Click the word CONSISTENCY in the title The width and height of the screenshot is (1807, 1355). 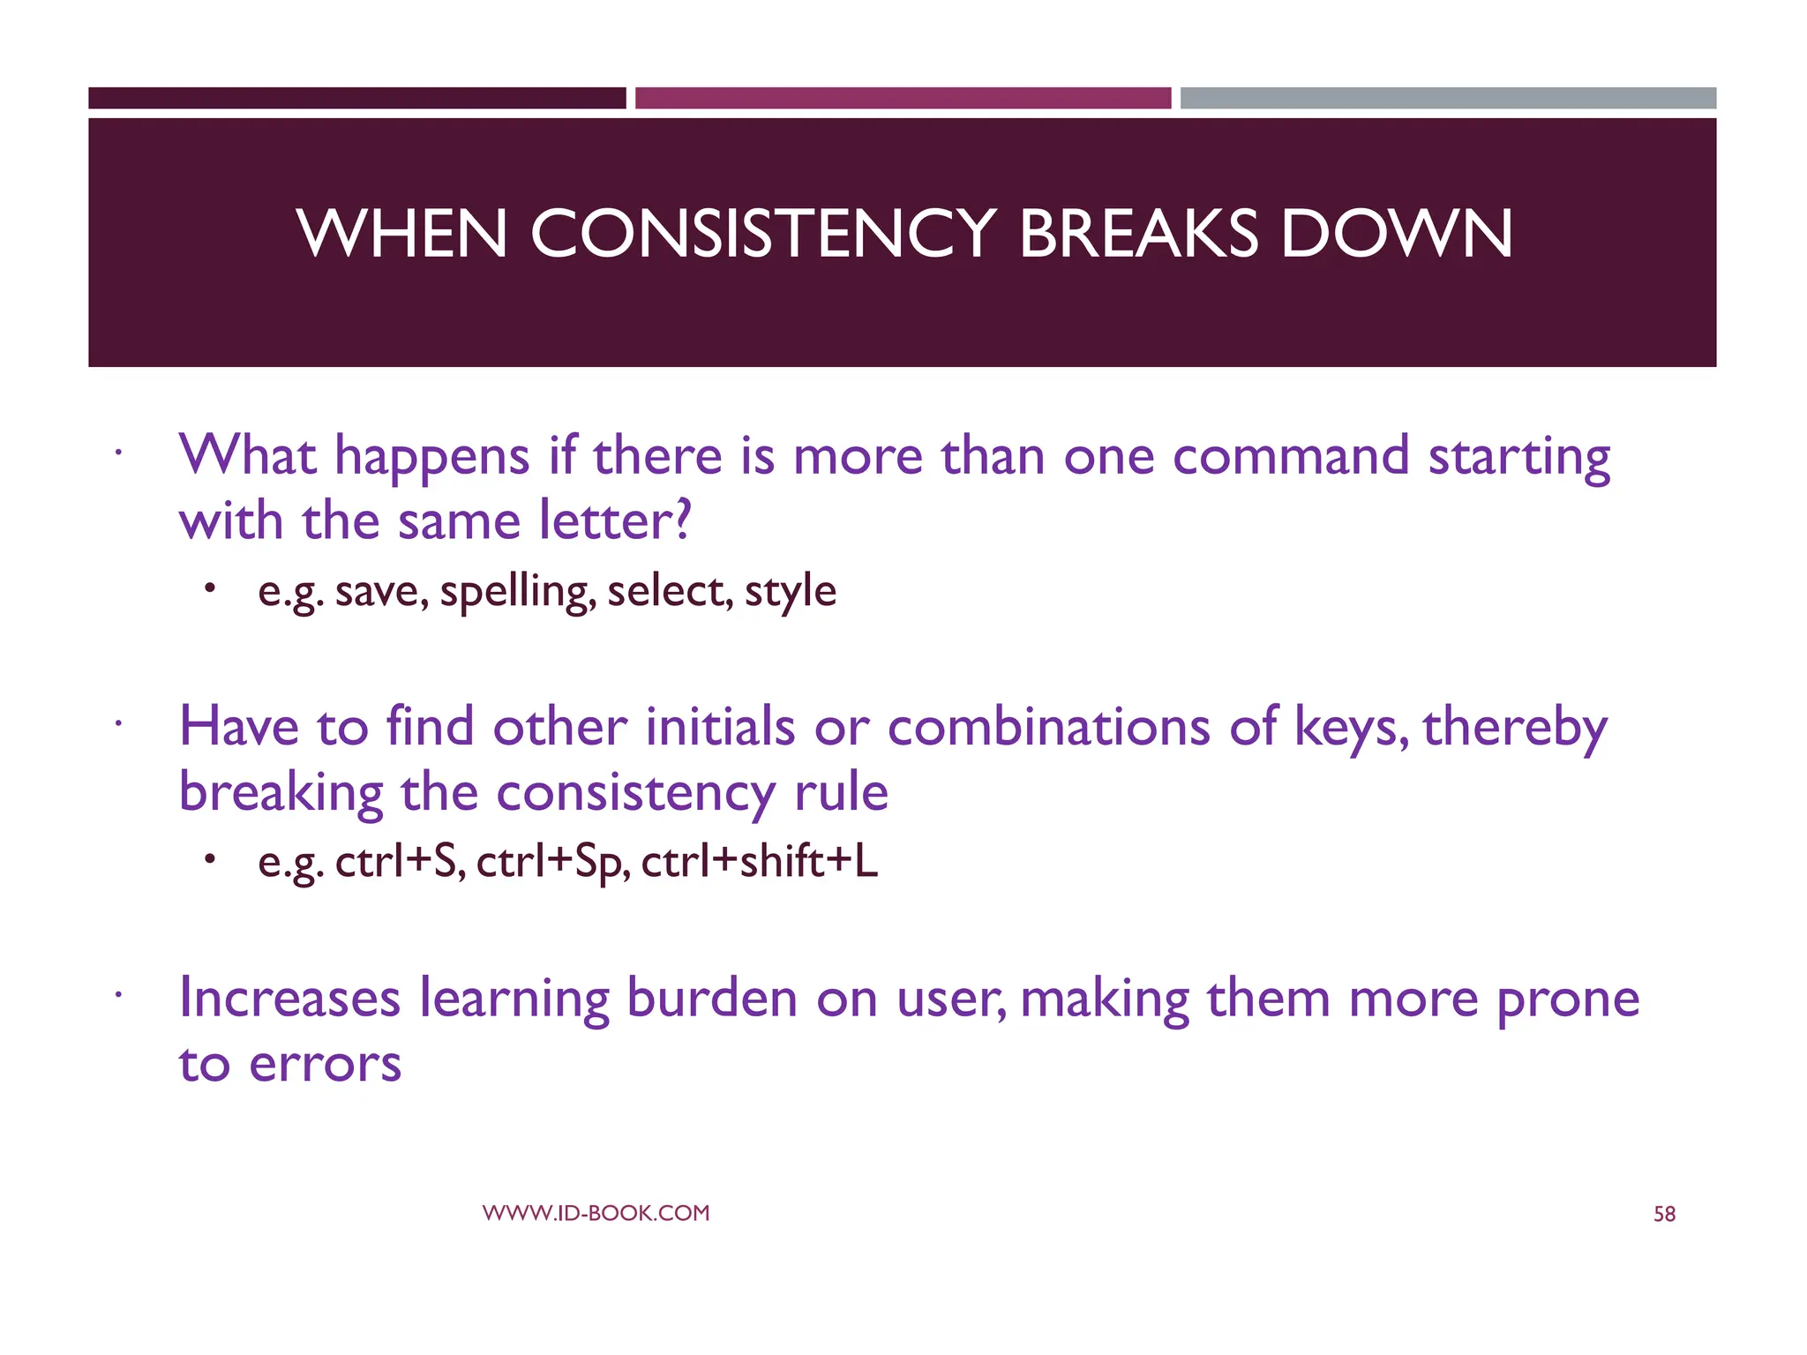pos(762,235)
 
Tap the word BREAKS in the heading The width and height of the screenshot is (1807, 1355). pos(1138,235)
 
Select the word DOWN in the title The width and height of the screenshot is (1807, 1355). pos(1396,235)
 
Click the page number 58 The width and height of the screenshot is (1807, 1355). pos(1664,1215)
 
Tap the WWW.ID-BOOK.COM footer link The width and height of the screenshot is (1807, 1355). pos(596,1213)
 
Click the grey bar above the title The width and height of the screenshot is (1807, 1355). pos(1448,98)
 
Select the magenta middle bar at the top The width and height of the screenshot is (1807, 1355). pos(903,98)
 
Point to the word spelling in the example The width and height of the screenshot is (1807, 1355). pos(518,591)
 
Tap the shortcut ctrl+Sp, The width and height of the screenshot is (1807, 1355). pos(553,862)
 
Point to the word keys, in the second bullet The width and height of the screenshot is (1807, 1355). pos(1350,729)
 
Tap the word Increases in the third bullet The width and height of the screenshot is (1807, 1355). pos(289,999)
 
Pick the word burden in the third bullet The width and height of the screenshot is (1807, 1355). pos(712,999)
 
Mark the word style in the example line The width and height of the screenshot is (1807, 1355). pos(790,591)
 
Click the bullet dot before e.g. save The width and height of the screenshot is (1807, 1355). pos(209,588)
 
